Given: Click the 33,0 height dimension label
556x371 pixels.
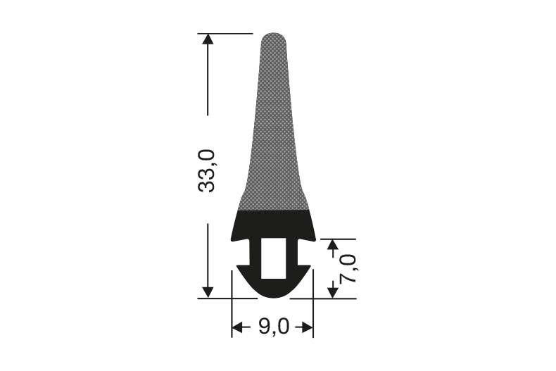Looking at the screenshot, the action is point(207,170).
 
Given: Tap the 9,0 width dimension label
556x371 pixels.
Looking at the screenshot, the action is point(274,327).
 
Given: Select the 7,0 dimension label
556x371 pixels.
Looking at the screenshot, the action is point(348,268).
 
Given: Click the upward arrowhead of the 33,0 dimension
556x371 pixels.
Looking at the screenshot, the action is point(208,38).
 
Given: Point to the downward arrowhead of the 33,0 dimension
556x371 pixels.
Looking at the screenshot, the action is point(208,292).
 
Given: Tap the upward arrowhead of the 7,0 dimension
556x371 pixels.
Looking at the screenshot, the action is point(333,245).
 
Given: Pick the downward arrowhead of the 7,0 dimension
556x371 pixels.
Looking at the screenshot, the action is point(333,292).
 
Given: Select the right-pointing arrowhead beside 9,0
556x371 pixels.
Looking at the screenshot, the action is point(308,327).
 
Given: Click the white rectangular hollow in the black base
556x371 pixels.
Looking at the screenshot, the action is point(273,258).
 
